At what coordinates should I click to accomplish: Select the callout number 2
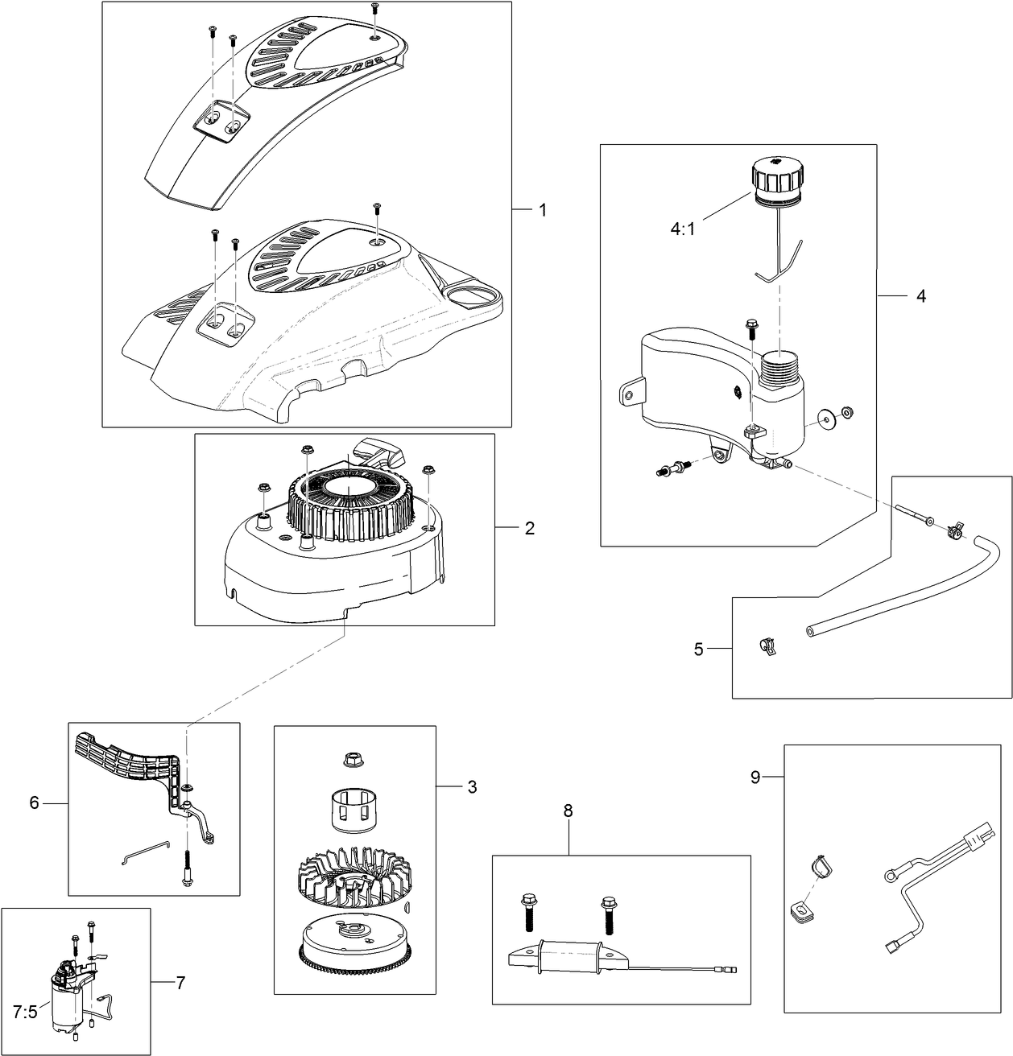click(529, 528)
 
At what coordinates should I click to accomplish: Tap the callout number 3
click(472, 786)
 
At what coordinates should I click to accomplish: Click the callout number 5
click(698, 649)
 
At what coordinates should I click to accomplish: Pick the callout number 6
click(35, 802)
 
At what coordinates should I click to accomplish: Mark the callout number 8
click(568, 811)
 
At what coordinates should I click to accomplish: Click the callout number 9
click(755, 777)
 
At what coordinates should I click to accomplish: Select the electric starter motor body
click(64, 1006)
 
